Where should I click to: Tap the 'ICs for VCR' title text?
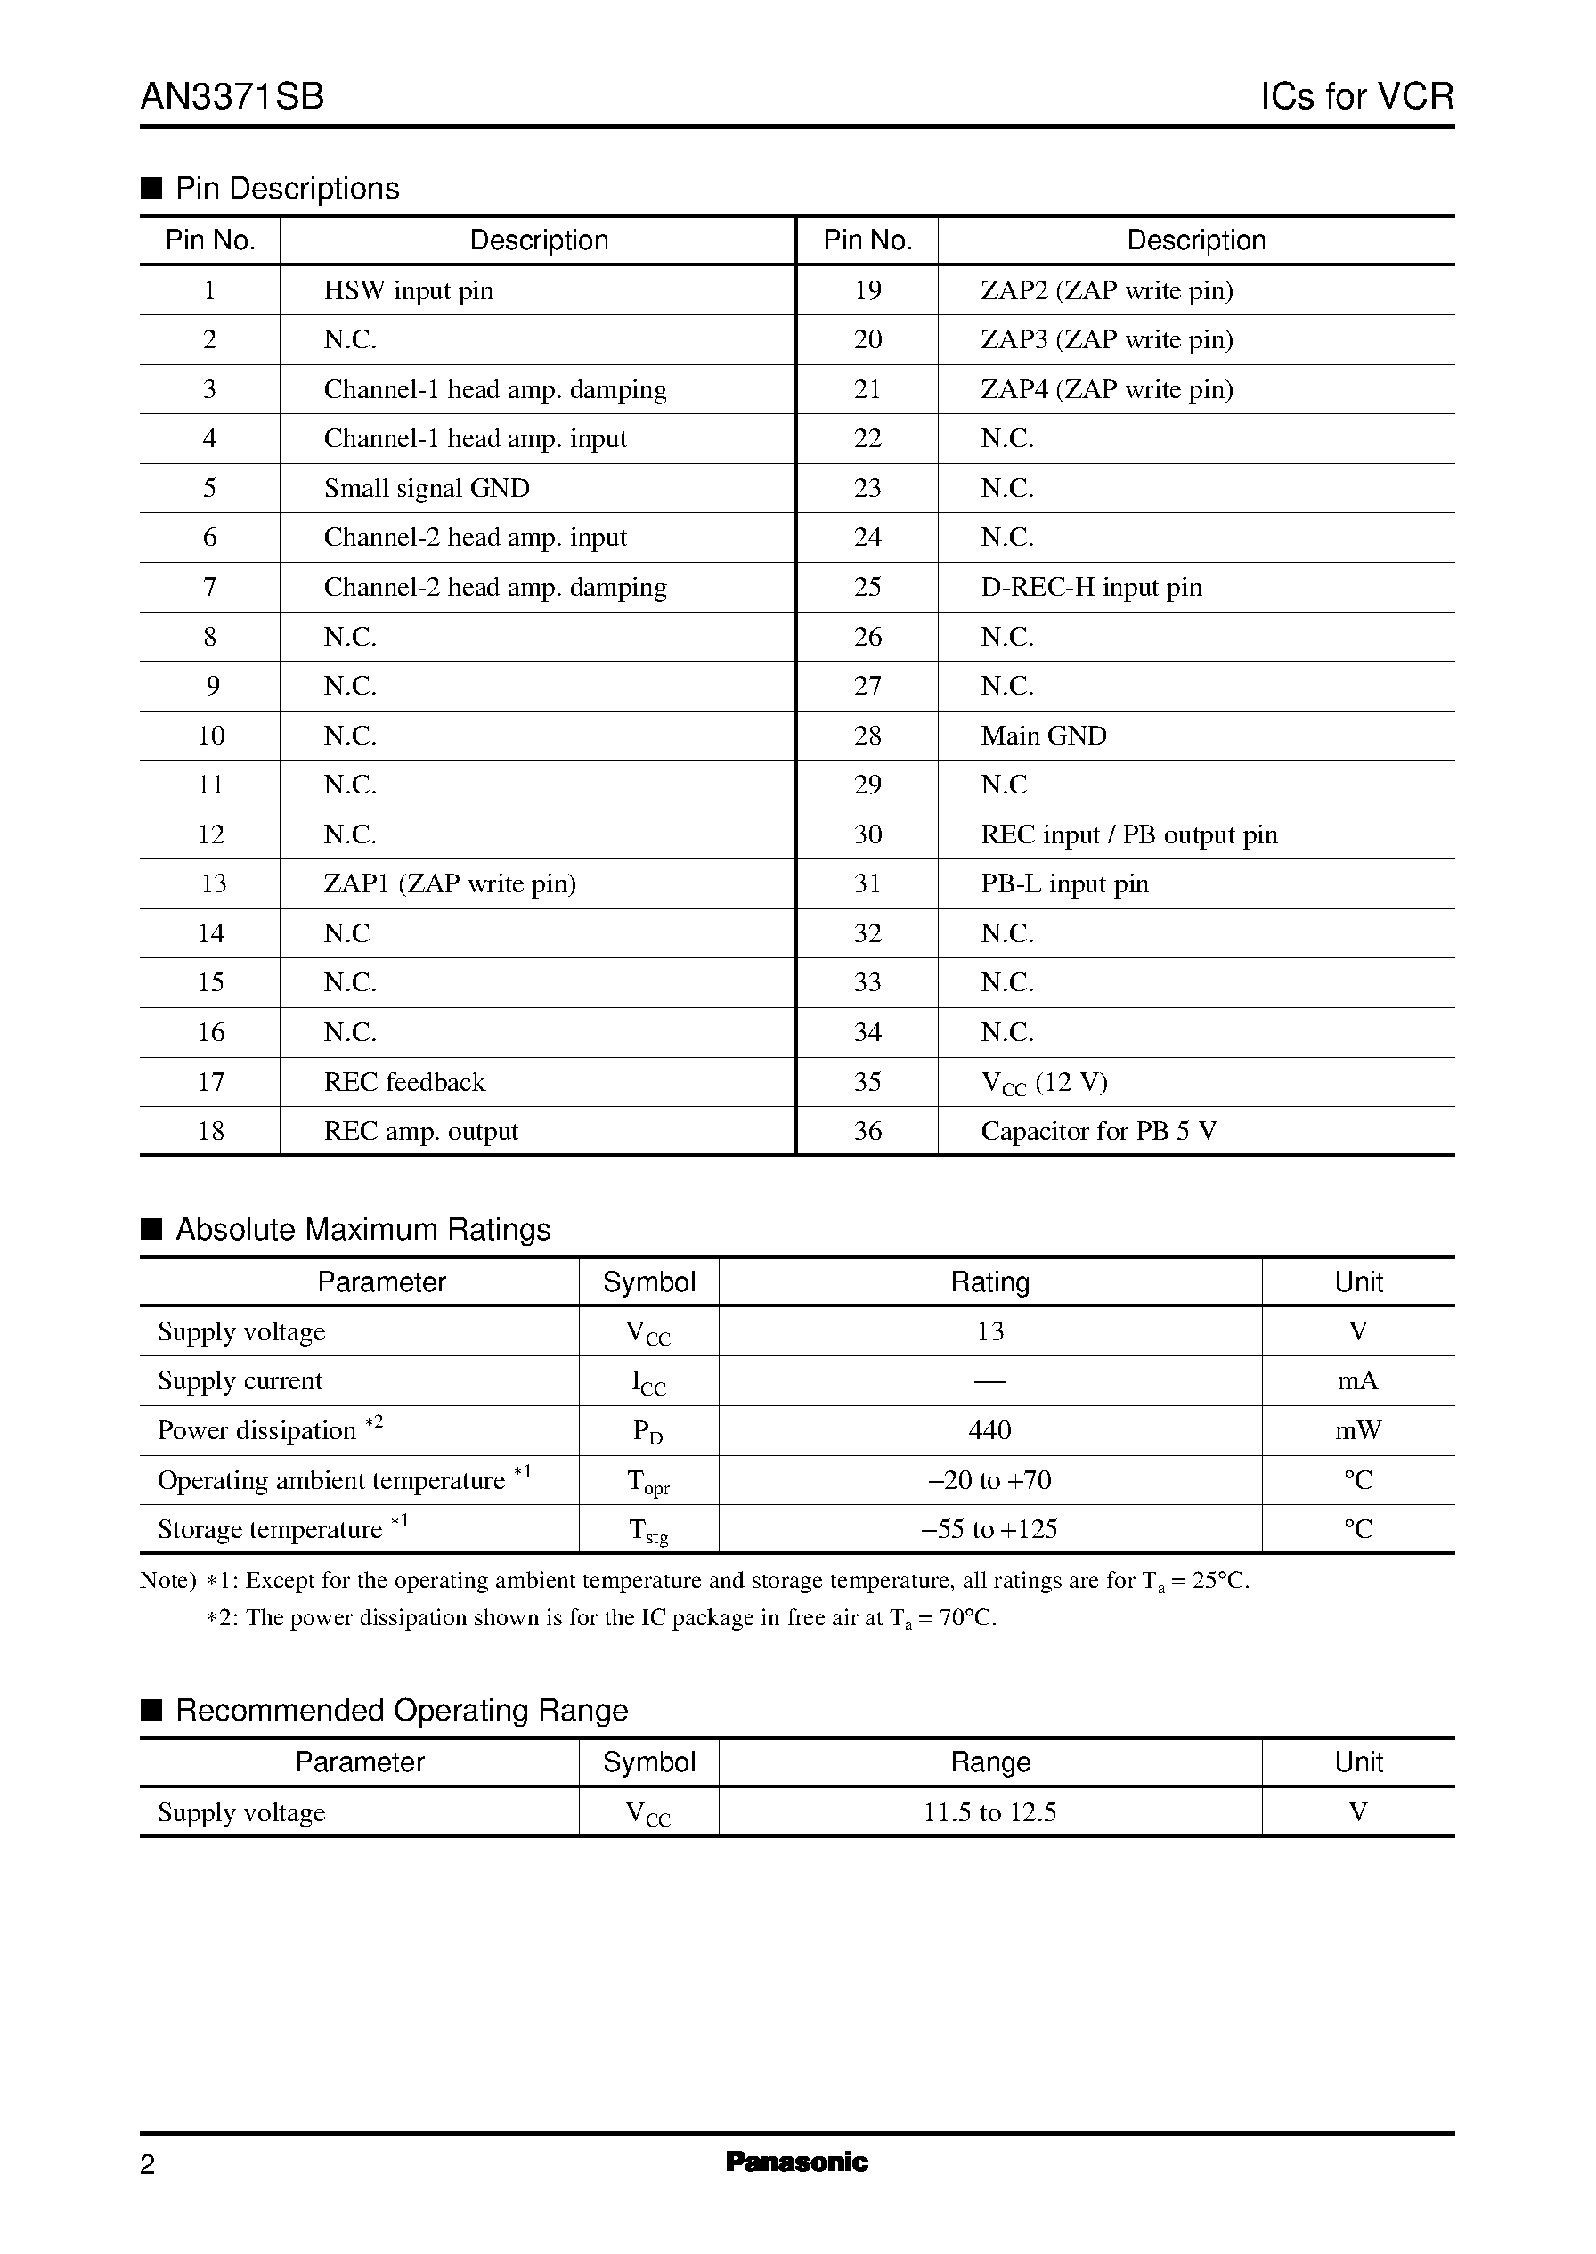pyautogui.click(x=1356, y=96)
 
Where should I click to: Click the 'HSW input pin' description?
pyautogui.click(x=409, y=291)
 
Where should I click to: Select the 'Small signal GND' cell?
pyautogui.click(x=427, y=488)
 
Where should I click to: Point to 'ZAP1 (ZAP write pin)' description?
pyautogui.click(x=450, y=883)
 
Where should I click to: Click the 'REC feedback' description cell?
pyautogui.click(x=405, y=1082)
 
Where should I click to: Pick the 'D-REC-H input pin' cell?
pyautogui.click(x=1091, y=588)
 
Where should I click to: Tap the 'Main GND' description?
pyautogui.click(x=1044, y=736)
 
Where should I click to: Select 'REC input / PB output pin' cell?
pyautogui.click(x=1129, y=835)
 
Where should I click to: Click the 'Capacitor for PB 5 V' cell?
pyautogui.click(x=1099, y=1131)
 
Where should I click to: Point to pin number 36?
pyautogui.click(x=867, y=1131)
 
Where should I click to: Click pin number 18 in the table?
pyautogui.click(x=211, y=1131)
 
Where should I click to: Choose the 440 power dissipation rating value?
pyautogui.click(x=989, y=1430)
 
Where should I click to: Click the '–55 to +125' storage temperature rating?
pyautogui.click(x=989, y=1529)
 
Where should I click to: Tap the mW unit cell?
pyautogui.click(x=1358, y=1430)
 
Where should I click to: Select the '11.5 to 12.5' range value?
pyautogui.click(x=989, y=1813)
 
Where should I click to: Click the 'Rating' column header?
pyautogui.click(x=989, y=1282)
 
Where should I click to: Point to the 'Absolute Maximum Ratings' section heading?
pyautogui.click(x=362, y=1229)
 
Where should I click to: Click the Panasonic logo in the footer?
pyautogui.click(x=797, y=2162)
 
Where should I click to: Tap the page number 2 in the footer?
pyautogui.click(x=148, y=2166)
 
